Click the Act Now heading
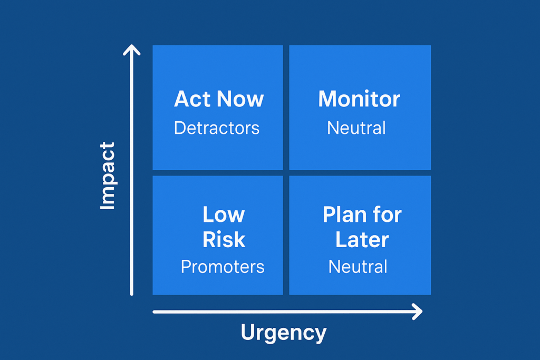click(x=219, y=99)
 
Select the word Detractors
click(x=217, y=128)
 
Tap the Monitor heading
click(x=359, y=99)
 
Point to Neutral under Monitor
click(x=356, y=128)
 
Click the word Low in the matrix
click(x=224, y=215)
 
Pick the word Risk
click(x=224, y=239)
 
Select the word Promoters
click(x=223, y=267)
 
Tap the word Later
click(x=362, y=239)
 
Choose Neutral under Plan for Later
click(x=358, y=267)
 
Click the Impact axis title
click(x=107, y=176)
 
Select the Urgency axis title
click(x=283, y=333)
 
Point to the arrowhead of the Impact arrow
click(x=131, y=46)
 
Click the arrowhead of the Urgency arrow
click(x=421, y=312)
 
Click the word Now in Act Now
click(x=240, y=99)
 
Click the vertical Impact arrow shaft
click(x=131, y=170)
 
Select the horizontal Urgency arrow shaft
click(x=287, y=312)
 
